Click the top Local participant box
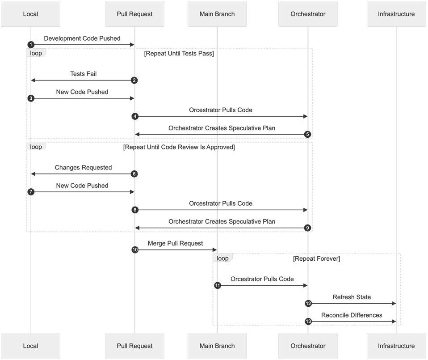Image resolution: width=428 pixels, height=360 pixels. point(30,14)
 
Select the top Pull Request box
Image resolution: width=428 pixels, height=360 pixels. point(134,14)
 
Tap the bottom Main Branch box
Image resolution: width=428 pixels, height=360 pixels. point(217,346)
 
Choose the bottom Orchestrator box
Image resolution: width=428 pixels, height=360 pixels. point(308,346)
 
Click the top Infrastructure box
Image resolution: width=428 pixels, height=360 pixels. point(396,14)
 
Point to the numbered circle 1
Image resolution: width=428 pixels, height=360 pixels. point(30,45)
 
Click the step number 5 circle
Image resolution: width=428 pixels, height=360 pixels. point(308,134)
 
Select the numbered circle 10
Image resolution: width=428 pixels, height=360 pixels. point(134,250)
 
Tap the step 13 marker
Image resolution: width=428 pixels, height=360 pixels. point(308,322)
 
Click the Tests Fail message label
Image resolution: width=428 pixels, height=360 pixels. point(83,74)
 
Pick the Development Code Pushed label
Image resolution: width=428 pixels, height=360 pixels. point(82,38)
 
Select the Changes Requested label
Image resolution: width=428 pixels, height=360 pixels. point(83,168)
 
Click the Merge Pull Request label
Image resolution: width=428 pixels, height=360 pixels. point(175,243)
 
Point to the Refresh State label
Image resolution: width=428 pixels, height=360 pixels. point(352,297)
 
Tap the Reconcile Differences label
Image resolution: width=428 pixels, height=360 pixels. point(352,315)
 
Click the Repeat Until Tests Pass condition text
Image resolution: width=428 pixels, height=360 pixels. point(179,54)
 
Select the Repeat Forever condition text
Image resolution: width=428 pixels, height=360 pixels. point(316,259)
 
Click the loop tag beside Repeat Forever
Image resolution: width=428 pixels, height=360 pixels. point(222,258)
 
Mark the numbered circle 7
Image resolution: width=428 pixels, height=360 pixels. point(30,191)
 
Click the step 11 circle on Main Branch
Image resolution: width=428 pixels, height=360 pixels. point(217,285)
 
